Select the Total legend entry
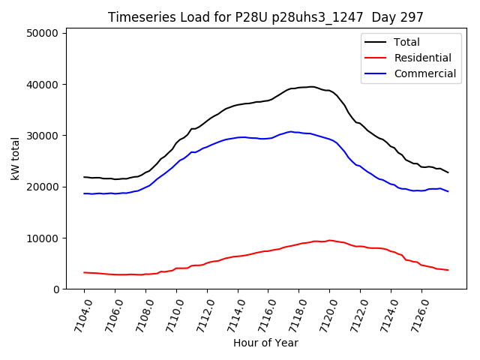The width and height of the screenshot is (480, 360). click(x=407, y=42)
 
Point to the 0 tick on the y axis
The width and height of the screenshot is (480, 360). click(x=57, y=289)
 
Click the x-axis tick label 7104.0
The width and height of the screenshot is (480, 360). click(x=76, y=315)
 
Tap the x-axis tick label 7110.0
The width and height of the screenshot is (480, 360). click(x=169, y=315)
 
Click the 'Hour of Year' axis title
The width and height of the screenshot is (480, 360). click(x=265, y=343)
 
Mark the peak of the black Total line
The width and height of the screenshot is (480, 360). click(x=311, y=86)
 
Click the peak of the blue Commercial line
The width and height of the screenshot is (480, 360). click(x=291, y=131)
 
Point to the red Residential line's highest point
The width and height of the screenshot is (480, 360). click(x=329, y=240)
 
